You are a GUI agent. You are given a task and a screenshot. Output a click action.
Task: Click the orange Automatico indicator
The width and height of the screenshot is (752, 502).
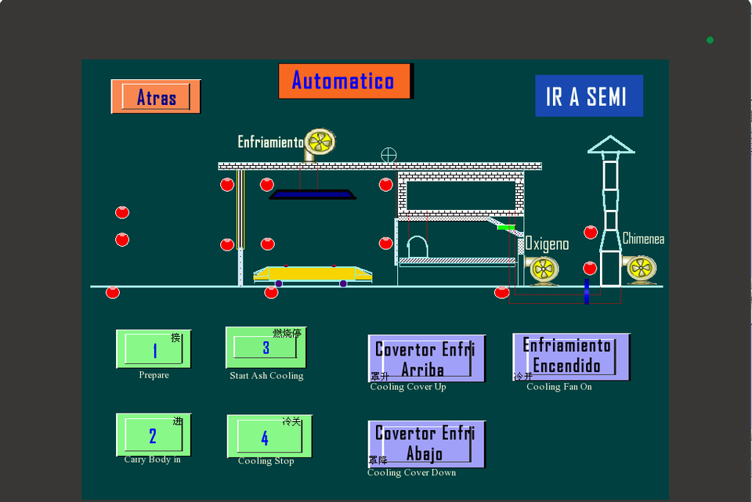point(345,81)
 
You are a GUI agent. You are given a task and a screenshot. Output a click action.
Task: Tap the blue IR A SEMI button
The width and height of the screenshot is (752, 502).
point(588,96)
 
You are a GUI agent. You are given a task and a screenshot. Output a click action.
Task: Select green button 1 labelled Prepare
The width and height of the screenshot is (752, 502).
point(154,349)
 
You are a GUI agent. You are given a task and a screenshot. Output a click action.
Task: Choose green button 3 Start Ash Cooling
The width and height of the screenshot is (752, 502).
point(266,347)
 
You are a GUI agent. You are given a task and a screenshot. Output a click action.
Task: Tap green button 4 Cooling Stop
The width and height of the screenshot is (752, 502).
point(265,437)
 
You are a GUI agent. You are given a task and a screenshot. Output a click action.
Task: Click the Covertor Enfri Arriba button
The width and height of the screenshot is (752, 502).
point(426,359)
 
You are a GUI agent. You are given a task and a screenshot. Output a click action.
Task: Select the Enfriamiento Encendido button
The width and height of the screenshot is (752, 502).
point(571,356)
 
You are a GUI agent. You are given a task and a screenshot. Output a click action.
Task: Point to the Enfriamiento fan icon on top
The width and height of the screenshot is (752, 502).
point(320,143)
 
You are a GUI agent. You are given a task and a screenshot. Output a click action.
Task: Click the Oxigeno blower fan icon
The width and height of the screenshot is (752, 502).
point(544,270)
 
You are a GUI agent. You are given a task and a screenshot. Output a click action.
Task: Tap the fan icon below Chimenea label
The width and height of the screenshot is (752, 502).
point(640,269)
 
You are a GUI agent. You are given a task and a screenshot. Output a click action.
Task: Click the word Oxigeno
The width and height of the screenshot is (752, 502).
point(547,244)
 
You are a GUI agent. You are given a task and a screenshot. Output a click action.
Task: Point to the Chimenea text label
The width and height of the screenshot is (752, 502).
point(643,239)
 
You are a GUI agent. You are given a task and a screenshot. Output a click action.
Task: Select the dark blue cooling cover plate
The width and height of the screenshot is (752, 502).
point(313,194)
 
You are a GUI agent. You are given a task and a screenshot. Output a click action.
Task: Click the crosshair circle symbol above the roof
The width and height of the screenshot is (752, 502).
point(389,155)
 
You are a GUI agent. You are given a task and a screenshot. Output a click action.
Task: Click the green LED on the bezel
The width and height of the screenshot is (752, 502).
point(710,40)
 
